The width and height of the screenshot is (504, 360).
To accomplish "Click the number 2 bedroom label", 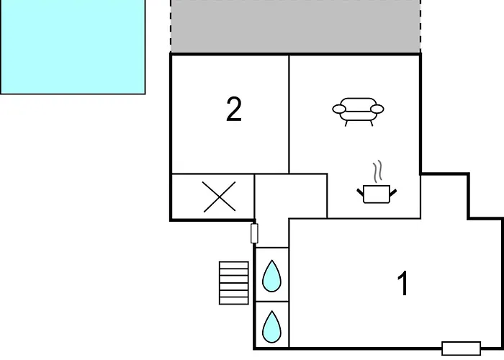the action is pyautogui.click(x=234, y=109).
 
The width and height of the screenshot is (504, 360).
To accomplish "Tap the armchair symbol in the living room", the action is pyautogui.click(x=358, y=112).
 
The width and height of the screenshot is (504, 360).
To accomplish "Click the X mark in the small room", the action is pyautogui.click(x=219, y=197).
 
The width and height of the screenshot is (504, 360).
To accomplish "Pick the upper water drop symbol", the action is pyautogui.click(x=271, y=276).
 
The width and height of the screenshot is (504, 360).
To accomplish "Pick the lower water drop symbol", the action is pyautogui.click(x=271, y=327).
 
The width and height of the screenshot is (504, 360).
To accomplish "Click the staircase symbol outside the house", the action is pyautogui.click(x=234, y=283).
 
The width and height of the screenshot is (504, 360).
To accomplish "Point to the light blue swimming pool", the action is pyautogui.click(x=73, y=47).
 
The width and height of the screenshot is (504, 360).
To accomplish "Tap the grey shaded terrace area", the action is pyautogui.click(x=295, y=27).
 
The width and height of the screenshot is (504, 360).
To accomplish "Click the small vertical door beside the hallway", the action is pyautogui.click(x=254, y=233).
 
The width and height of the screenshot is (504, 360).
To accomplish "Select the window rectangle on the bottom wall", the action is pyautogui.click(x=462, y=348).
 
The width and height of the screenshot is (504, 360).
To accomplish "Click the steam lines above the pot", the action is pyautogui.click(x=378, y=171).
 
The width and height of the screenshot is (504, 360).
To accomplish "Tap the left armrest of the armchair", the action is pyautogui.click(x=339, y=109).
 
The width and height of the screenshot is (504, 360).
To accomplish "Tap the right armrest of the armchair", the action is pyautogui.click(x=377, y=109).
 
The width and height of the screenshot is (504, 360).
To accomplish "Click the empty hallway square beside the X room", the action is pyautogui.click(x=291, y=197).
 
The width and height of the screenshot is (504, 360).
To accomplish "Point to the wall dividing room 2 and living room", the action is pyautogui.click(x=289, y=114).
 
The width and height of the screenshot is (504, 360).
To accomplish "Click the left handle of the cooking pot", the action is pyautogui.click(x=360, y=192).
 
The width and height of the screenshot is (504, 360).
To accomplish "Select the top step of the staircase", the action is pyautogui.click(x=234, y=265).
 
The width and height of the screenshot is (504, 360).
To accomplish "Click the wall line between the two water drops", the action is pyautogui.click(x=271, y=302).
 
